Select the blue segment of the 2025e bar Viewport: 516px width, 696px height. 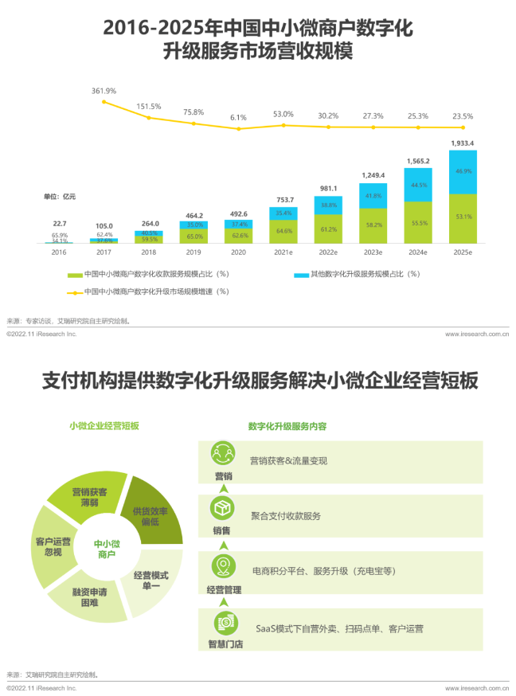(463, 171)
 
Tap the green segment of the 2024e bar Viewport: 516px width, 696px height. (418, 223)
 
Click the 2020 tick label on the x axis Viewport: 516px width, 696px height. (238, 252)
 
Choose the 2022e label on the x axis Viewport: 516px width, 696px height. (328, 252)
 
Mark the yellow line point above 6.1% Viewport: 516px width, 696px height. (238, 128)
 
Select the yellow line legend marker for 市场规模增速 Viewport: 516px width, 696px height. (72, 291)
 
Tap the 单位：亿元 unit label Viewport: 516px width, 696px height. (60, 196)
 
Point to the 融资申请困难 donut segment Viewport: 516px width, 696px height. (89, 597)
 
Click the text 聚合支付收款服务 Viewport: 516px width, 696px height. (286, 516)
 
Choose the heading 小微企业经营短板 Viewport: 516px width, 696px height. (104, 426)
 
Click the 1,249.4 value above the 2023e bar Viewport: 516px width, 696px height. (373, 175)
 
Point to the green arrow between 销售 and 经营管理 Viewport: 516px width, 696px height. (224, 546)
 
